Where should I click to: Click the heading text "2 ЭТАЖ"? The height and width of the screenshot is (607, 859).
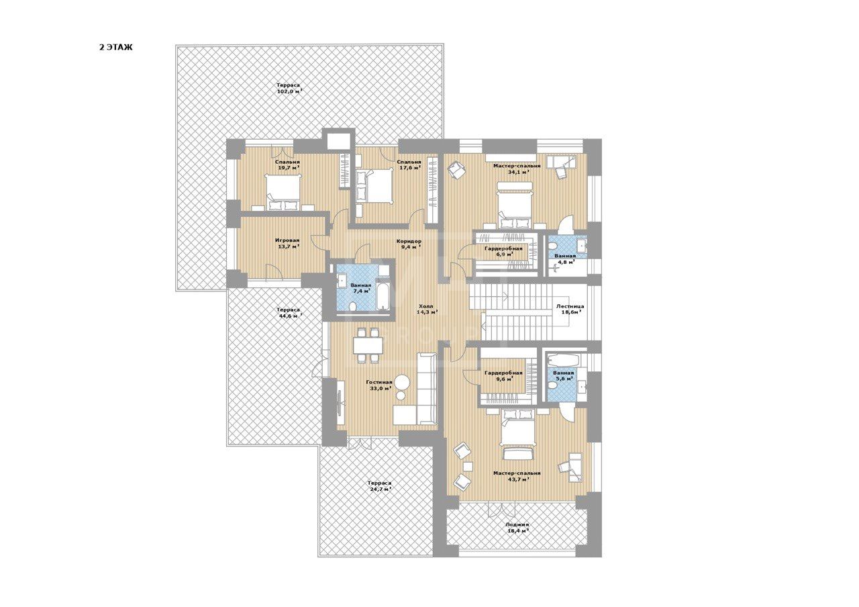(116, 48)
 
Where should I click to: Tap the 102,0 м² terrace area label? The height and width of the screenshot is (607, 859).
(289, 88)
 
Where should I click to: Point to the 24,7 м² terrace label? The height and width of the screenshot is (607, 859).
(379, 486)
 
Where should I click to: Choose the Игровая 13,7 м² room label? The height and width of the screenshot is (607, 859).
(287, 243)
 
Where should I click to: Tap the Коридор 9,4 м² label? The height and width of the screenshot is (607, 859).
(409, 244)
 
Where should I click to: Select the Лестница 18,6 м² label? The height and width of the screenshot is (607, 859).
(570, 310)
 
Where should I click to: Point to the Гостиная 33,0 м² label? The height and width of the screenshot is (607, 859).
(379, 385)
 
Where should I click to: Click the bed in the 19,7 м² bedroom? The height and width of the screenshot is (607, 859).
(283, 192)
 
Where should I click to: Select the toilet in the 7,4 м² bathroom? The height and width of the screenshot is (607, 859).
(353, 307)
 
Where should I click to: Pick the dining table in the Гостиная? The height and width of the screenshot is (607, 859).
(368, 345)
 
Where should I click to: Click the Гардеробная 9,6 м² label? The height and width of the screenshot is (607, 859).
(503, 375)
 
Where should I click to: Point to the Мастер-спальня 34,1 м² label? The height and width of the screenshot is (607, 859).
(517, 169)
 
